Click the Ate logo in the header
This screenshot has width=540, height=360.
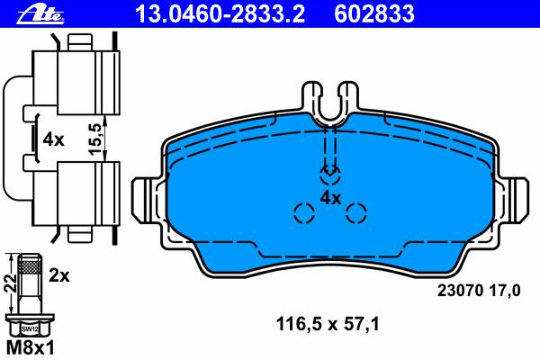pos(40,14)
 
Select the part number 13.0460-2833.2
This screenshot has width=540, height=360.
pos(220,14)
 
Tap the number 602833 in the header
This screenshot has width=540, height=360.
pos(374,14)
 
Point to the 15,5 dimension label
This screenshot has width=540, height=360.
pos(96,139)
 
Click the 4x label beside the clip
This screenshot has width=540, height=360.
pos(53,139)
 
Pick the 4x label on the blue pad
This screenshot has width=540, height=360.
pos(330,198)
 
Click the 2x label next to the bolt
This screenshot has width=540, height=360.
pos(59,275)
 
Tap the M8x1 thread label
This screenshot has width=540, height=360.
pos(31,347)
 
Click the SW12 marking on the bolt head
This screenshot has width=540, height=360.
pos(30,329)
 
